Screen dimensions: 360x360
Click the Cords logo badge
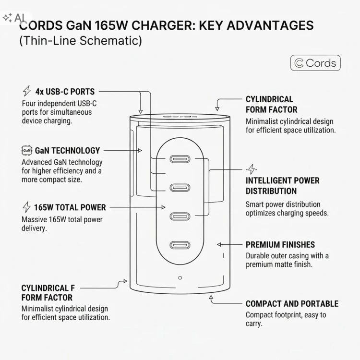315,63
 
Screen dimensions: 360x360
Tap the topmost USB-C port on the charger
180,159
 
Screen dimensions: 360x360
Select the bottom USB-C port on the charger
180,245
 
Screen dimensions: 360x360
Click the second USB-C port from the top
180,188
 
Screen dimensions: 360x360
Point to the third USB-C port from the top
180,216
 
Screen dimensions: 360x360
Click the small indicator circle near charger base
180,278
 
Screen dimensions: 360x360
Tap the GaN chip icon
26,151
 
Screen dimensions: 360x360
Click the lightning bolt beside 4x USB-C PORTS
27,91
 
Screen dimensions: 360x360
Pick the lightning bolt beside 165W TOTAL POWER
26,207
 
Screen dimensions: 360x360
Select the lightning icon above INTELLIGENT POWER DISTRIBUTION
252,169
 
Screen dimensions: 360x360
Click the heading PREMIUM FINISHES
280,245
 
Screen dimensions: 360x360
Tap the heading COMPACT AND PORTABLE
292,304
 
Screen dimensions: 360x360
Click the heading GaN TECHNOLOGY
68,151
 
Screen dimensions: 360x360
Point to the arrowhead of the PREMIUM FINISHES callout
219,244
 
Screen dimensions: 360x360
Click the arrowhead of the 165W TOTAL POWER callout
163,207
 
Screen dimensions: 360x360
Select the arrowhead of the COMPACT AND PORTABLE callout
211,298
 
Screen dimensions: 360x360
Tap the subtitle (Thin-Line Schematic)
81,41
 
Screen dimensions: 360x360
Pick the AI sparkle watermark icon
7,18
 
